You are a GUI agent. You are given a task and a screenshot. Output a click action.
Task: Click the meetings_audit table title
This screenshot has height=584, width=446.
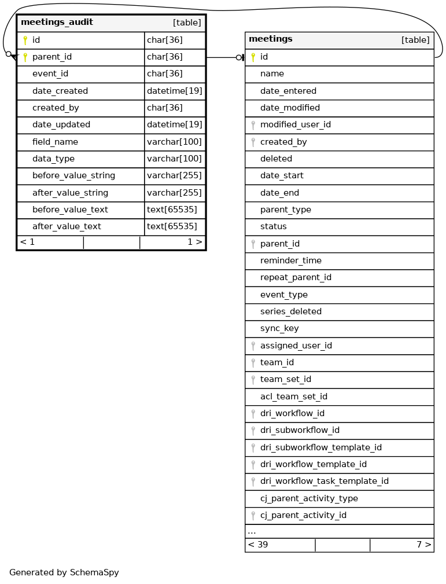tap(57, 23)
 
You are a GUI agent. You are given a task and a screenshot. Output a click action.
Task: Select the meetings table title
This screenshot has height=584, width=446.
tap(270, 39)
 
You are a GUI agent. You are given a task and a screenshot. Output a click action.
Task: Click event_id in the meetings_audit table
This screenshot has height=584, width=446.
tap(50, 74)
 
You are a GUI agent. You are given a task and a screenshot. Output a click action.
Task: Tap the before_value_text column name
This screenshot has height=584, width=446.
tap(70, 210)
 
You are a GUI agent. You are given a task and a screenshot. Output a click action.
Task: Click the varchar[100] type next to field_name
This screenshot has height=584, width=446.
tap(174, 142)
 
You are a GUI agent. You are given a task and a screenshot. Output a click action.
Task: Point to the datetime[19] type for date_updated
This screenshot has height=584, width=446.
tap(174, 125)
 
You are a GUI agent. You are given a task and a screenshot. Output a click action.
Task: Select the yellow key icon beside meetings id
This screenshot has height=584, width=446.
tap(253, 57)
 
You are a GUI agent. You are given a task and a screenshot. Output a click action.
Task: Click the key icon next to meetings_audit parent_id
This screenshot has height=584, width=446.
tap(25, 57)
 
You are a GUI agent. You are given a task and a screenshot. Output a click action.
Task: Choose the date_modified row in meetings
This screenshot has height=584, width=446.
tap(290, 108)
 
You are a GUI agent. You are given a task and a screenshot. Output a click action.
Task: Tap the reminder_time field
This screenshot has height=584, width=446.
tap(290, 261)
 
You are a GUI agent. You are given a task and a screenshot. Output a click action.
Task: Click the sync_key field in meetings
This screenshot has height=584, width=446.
tap(279, 329)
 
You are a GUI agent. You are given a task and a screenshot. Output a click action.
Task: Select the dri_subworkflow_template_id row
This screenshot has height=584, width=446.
tap(320, 448)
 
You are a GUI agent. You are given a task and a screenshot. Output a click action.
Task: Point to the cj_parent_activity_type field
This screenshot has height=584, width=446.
tap(309, 499)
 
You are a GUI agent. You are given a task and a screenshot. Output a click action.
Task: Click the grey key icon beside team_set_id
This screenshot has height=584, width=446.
tap(253, 380)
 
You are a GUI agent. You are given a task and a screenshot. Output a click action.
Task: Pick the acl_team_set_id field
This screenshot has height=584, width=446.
tap(293, 397)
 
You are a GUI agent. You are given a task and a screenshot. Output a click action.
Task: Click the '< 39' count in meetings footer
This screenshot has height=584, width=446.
tap(258, 545)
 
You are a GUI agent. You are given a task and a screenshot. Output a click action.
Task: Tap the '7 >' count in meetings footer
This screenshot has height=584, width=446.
tap(423, 545)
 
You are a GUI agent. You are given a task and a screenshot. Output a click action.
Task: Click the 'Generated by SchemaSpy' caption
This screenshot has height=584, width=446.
tap(64, 573)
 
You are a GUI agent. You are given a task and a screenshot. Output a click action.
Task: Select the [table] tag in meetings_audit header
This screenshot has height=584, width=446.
tap(187, 23)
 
